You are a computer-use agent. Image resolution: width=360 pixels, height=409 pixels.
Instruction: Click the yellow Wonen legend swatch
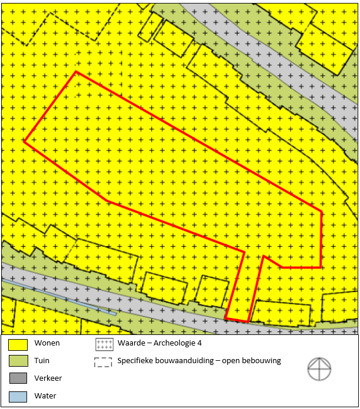pos(18,343)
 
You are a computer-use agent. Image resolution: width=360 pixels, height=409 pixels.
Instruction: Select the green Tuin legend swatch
pos(18,361)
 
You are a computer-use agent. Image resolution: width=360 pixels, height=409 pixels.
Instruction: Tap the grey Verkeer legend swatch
pos(18,378)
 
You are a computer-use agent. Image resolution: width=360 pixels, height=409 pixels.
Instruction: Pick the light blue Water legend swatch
pos(18,396)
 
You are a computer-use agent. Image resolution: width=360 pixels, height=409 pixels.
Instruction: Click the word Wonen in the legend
pos(47,343)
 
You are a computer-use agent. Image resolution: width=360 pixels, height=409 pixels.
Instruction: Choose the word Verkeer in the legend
pos(48,378)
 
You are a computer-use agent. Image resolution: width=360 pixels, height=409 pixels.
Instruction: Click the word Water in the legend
pos(45,396)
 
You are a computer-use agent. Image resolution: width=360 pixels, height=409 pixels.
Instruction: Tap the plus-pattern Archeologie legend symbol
pos(104,344)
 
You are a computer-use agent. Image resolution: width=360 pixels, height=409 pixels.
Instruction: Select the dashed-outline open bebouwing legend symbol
pos(104,361)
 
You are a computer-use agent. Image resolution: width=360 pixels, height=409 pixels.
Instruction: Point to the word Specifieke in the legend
pos(136,361)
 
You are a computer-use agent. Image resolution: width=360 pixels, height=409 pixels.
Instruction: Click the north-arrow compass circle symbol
pos(319,368)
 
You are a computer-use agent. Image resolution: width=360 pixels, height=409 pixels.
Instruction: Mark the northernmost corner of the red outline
pos(76,72)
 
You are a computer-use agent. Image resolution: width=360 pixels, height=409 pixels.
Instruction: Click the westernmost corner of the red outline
pos(24,141)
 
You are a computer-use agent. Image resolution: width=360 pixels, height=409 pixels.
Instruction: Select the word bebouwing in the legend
pos(262,361)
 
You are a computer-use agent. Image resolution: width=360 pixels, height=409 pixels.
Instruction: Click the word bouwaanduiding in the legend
pos(184,361)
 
